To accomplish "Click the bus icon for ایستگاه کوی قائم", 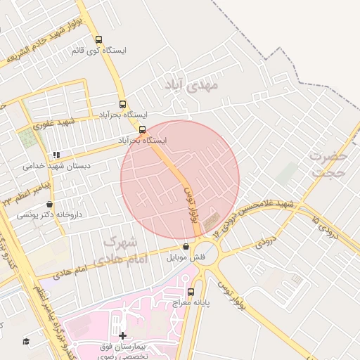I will tap(98, 40).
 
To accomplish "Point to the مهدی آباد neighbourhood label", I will tap(192, 85).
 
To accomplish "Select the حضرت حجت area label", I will tap(328, 164).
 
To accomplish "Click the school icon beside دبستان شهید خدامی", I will tap(56, 155).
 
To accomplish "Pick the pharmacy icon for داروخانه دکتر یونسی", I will tap(49, 204).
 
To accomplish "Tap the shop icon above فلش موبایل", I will tap(186, 247).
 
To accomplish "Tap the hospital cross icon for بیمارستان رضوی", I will tap(123, 335).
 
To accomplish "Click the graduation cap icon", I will tap(26, 341).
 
